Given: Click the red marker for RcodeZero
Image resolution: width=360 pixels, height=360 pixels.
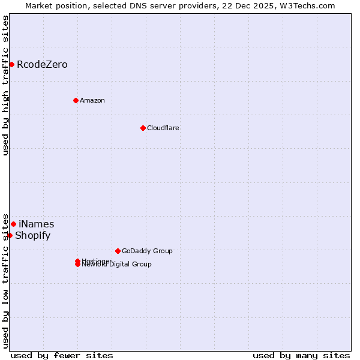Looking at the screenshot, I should coord(11,64).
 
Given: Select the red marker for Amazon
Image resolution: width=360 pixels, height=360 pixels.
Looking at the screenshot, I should coord(76,100).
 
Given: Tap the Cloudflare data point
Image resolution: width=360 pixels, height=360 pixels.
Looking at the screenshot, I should coord(143,128).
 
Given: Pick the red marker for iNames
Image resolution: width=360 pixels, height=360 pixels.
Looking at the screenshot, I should coord(13,224).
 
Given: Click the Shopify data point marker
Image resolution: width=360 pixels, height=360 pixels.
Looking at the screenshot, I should coord(10,235).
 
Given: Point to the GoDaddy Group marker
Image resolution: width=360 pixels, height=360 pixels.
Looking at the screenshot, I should coord(118,251).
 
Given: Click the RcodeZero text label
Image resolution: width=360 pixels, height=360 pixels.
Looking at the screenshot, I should coord(42,64).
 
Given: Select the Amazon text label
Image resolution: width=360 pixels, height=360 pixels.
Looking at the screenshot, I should coord(92,100).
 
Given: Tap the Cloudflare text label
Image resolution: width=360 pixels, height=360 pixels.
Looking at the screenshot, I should coord(163,128).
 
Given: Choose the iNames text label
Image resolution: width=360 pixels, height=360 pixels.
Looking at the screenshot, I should coord(36,224).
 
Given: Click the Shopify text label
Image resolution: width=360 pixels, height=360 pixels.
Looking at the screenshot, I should coord(32,235).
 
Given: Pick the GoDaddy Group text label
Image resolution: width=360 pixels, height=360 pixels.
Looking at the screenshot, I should coord(147,251).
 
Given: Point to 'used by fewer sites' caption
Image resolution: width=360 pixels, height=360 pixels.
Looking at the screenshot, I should coord(62,355).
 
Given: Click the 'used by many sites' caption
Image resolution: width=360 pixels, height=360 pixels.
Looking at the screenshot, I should coord(301,355).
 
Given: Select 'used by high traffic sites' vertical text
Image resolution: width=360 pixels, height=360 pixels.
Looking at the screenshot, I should coord(5,85).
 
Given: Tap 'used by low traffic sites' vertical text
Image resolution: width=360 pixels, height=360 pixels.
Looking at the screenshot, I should coord(5,281).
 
